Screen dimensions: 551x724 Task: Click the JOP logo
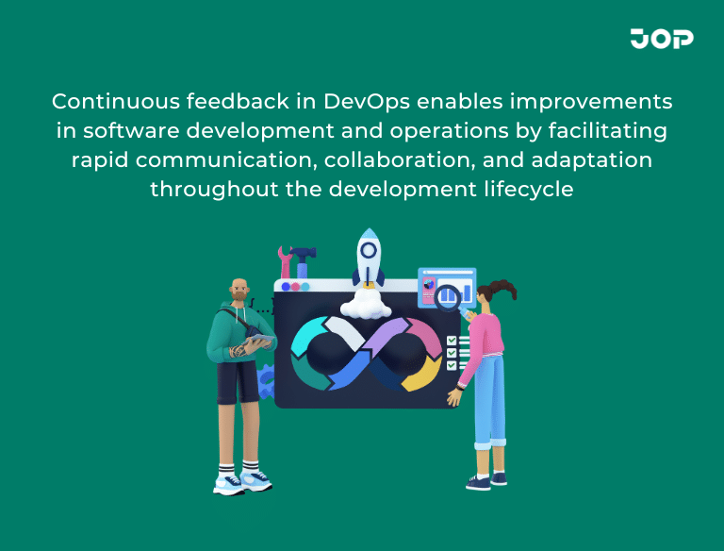pos(662,39)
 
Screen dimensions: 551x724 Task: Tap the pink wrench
pos(285,260)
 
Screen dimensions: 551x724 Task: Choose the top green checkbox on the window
pos(452,340)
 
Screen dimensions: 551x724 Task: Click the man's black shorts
pos(236,382)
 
